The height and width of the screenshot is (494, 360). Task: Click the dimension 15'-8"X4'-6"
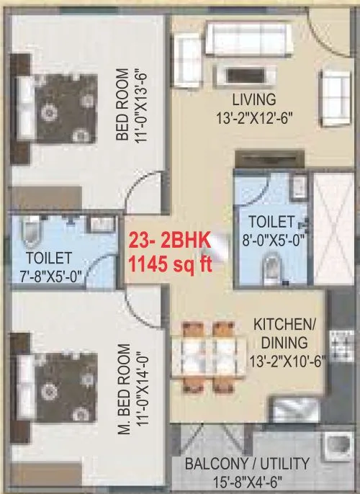pos(247,480)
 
